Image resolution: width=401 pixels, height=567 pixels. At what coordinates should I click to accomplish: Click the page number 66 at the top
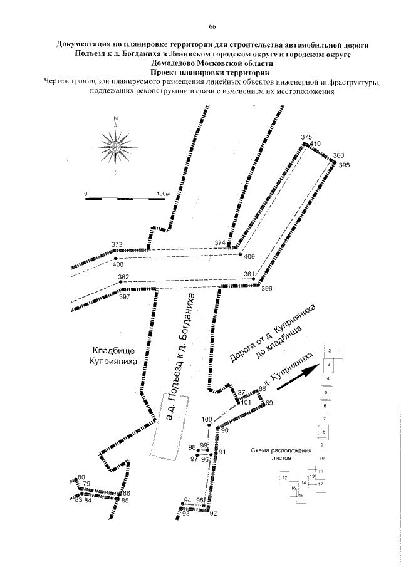point(212,26)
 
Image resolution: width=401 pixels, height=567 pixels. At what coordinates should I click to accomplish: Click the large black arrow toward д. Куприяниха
point(299,379)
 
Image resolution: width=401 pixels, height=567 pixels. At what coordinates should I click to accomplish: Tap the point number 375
point(306,137)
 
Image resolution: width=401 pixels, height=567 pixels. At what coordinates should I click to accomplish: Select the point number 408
point(118,264)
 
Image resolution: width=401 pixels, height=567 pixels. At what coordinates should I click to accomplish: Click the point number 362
point(123,277)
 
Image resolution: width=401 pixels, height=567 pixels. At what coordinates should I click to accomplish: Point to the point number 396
point(267,289)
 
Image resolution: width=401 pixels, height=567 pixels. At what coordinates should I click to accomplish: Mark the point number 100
point(207,419)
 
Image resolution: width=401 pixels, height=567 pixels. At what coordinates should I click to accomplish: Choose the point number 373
point(117,244)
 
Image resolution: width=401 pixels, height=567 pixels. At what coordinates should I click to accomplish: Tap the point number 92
point(213,514)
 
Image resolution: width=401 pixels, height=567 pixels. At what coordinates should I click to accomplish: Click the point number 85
point(125,501)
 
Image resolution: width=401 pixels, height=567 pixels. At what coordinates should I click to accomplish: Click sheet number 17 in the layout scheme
point(284,478)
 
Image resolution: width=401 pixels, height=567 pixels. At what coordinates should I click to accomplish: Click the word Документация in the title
point(85,45)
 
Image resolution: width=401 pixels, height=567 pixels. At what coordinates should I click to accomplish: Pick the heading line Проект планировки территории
point(212,73)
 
